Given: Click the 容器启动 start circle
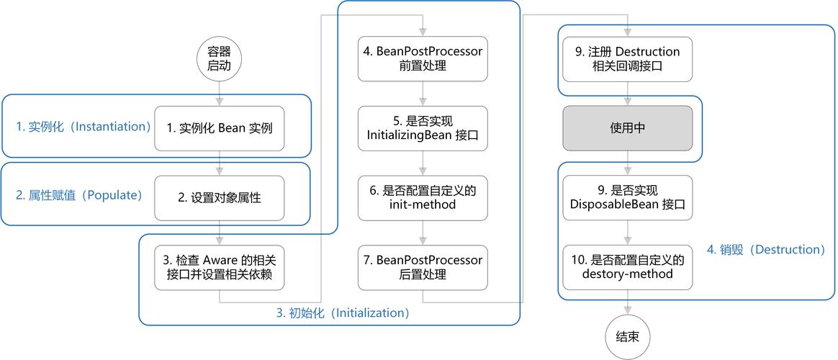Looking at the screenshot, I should click(x=220, y=60).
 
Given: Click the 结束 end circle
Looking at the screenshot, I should click(x=627, y=336).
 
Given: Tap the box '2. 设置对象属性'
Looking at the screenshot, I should click(x=220, y=197).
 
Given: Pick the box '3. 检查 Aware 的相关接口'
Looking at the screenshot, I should click(x=220, y=266).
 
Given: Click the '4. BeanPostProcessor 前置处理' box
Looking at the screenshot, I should click(x=423, y=59).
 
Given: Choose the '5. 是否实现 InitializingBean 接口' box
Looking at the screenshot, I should click(x=423, y=128).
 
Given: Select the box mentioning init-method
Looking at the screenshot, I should click(x=423, y=197).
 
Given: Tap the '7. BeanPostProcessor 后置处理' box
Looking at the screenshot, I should click(x=423, y=266).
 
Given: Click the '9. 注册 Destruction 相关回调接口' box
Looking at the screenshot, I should click(x=627, y=59).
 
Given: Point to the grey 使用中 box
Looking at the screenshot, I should click(x=627, y=128).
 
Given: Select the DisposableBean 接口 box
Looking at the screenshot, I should click(x=627, y=197).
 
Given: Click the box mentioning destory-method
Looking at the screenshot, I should click(x=627, y=266).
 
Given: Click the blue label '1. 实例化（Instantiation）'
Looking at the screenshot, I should click(x=84, y=127).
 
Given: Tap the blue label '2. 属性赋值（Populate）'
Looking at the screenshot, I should click(x=79, y=196).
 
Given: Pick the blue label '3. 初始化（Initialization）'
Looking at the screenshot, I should click(x=343, y=312).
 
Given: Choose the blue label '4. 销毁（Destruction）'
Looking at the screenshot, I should click(x=765, y=250).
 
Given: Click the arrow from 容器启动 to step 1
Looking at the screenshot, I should click(x=220, y=93).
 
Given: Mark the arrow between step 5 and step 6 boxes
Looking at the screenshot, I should click(x=423, y=163).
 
